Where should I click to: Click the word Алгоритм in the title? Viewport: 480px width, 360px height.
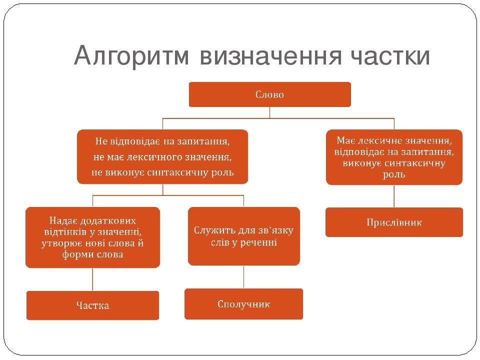[131, 56]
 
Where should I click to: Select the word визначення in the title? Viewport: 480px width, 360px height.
[270, 56]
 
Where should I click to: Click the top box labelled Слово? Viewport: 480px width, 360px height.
[269, 94]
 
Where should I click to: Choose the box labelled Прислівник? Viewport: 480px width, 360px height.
[394, 222]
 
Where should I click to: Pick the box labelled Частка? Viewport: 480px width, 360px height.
[93, 305]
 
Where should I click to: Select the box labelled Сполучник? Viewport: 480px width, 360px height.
[243, 304]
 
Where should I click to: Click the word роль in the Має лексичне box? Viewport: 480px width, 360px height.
[394, 175]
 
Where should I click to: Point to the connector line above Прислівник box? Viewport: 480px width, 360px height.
[394, 196]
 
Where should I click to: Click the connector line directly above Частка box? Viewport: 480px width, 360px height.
[92, 279]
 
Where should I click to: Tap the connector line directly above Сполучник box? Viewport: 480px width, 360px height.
[243, 277]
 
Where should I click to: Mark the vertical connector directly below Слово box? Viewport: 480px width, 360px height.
[269, 112]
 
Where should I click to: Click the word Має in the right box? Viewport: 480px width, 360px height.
[346, 140]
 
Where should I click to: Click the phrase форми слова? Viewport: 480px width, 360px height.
[93, 254]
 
